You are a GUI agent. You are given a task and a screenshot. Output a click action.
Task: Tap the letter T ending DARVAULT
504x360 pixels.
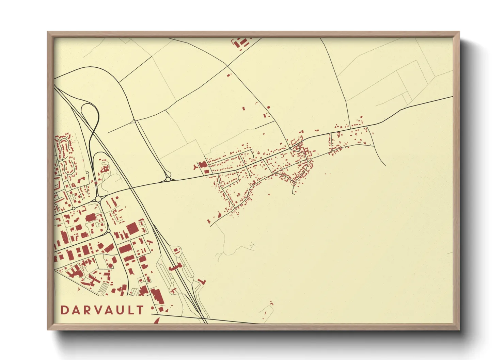(x=140, y=310)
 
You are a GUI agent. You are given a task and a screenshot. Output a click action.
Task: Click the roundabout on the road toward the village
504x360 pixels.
(x=168, y=179)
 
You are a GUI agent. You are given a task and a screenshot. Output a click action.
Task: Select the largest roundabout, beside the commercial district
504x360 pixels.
(x=98, y=199)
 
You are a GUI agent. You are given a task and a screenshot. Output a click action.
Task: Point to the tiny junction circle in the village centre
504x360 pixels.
(x=290, y=148)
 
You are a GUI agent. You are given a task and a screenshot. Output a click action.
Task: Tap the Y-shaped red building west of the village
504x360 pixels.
(x=195, y=167)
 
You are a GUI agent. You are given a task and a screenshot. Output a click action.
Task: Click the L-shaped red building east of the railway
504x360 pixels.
(x=203, y=281)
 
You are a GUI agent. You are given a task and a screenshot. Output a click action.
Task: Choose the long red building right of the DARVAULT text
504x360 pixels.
(x=157, y=296)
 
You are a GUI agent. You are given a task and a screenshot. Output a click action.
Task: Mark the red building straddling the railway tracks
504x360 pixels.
(x=174, y=267)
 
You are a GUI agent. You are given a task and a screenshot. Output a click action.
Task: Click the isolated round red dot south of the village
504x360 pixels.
(x=269, y=194)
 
